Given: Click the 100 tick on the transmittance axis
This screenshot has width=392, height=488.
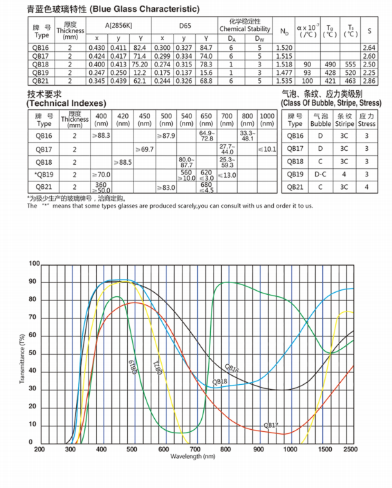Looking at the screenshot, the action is click(35, 264).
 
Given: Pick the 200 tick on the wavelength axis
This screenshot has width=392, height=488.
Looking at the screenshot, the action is click(39, 449).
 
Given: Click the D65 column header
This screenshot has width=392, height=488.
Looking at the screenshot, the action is click(185, 26).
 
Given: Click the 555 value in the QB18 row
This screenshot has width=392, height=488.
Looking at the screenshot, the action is click(349, 64).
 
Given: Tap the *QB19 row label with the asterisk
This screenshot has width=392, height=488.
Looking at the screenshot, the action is click(43, 175).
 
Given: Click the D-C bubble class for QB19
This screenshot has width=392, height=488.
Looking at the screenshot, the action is click(320, 174).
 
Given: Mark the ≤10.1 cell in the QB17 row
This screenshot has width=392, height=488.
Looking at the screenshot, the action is click(268, 150).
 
